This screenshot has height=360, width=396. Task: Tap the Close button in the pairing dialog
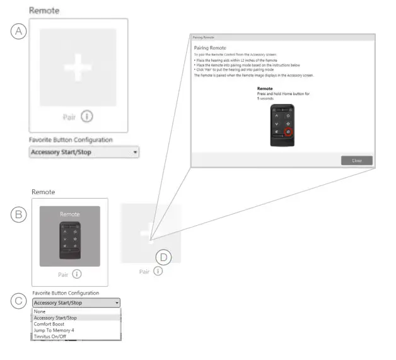click(356, 160)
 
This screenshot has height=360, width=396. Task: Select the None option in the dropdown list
click(40, 311)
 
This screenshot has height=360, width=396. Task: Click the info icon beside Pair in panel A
click(88, 116)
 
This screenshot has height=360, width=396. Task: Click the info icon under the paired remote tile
click(77, 274)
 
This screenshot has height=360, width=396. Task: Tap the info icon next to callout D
click(158, 271)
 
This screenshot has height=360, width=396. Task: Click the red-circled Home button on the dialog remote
click(289, 132)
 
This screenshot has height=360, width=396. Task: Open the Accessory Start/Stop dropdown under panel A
click(84, 153)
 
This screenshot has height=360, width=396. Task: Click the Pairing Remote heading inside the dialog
click(209, 48)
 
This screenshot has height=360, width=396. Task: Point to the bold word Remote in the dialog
click(264, 89)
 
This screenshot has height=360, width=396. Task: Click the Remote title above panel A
click(41, 11)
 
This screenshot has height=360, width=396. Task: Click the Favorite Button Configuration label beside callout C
click(66, 293)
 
